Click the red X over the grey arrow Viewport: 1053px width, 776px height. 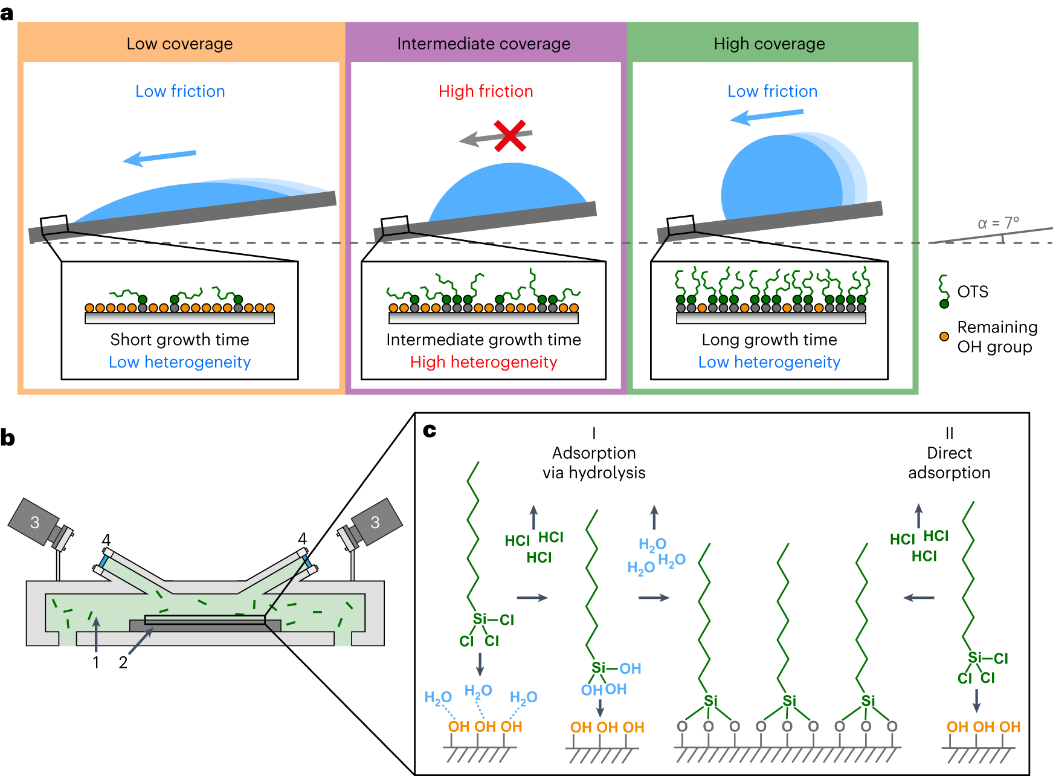tap(510, 136)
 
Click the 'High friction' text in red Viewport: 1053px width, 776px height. tap(486, 91)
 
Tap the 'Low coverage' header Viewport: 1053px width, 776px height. tap(179, 44)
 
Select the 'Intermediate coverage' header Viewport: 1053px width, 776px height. tap(483, 44)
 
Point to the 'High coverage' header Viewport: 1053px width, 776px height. tap(769, 44)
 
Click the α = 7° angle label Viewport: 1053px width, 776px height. tap(998, 223)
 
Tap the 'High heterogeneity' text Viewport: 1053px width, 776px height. tap(483, 362)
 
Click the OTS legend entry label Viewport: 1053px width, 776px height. tap(973, 292)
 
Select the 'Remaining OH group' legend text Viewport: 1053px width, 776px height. tap(997, 337)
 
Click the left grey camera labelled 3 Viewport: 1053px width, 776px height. tap(35, 522)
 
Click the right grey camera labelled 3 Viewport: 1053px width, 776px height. tap(375, 522)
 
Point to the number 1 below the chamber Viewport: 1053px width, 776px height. tap(96, 663)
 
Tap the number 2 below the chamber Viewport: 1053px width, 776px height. tap(123, 663)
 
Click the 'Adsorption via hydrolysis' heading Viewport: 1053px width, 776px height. tap(594, 462)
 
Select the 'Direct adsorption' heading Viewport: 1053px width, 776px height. tap(949, 462)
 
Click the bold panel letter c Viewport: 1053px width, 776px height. tap(430, 430)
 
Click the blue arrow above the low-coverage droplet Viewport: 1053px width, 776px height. tap(159, 157)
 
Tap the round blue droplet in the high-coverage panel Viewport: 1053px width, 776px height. tap(782, 178)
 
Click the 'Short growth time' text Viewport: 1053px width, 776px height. tap(179, 340)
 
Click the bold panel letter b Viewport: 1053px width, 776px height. tap(8, 438)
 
